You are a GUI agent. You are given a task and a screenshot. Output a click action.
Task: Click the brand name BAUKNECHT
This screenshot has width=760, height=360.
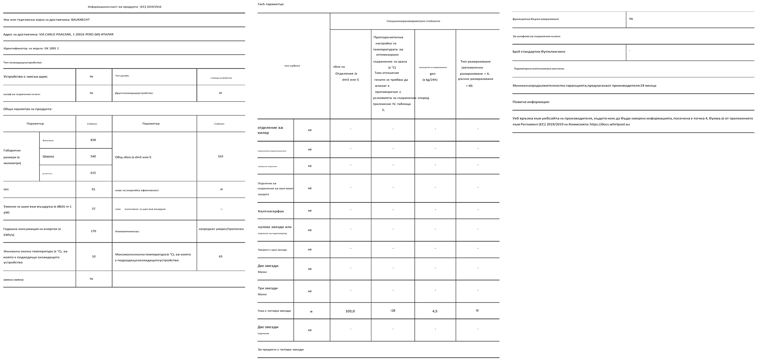(x=80, y=20)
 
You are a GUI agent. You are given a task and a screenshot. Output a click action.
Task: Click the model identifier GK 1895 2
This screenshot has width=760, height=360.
(x=52, y=48)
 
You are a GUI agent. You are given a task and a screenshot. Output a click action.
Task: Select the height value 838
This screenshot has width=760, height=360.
(x=93, y=140)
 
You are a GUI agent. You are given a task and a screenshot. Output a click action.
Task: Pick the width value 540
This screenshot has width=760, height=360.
(x=93, y=156)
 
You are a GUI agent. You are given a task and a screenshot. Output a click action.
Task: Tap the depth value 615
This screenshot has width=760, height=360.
(x=93, y=173)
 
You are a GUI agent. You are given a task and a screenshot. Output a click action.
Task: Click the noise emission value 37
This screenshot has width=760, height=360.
(x=93, y=209)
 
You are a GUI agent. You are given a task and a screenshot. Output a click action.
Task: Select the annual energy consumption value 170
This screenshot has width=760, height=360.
(x=93, y=231)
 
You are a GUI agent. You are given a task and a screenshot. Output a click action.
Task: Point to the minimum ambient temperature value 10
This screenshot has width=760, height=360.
(x=94, y=257)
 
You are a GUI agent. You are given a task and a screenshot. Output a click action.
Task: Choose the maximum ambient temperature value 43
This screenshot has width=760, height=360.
(x=221, y=257)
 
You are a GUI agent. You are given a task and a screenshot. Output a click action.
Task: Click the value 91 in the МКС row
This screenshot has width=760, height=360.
(x=93, y=189)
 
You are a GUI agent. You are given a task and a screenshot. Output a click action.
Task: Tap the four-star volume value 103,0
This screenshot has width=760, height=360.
(x=350, y=311)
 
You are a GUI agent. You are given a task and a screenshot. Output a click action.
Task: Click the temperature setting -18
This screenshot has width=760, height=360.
(x=392, y=310)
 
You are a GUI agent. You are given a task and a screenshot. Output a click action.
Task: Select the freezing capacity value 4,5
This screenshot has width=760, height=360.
(x=435, y=311)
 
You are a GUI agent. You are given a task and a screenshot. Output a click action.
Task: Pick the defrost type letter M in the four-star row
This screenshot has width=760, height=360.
(x=477, y=310)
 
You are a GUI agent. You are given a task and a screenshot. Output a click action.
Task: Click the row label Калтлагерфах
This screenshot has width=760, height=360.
(x=271, y=211)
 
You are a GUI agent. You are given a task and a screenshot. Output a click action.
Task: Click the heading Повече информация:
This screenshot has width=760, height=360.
(x=531, y=102)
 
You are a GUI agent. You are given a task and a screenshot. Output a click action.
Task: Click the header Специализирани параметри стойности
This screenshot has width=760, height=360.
(x=413, y=21)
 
